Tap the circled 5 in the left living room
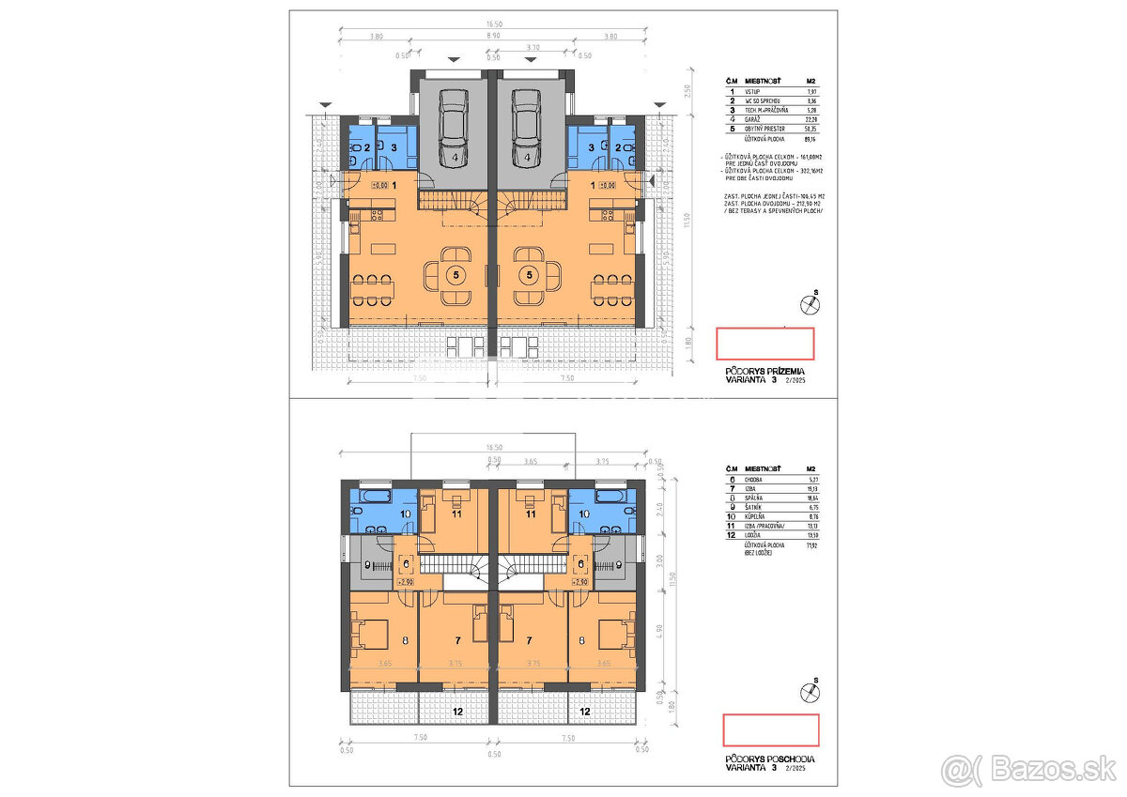pyautogui.click(x=455, y=275)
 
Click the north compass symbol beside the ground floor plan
pyautogui.click(x=808, y=302)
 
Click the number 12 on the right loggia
pyautogui.click(x=585, y=713)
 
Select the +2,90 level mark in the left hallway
pyautogui.click(x=407, y=583)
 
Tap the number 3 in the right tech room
pyautogui.click(x=591, y=147)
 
